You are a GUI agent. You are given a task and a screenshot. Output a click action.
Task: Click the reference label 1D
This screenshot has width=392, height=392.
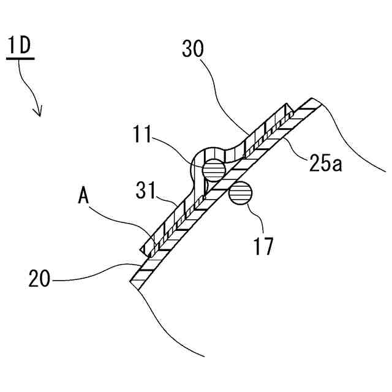21,47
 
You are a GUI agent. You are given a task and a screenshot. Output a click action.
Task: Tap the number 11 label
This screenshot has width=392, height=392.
144,134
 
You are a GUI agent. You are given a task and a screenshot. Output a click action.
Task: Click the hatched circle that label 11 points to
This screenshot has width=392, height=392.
214,168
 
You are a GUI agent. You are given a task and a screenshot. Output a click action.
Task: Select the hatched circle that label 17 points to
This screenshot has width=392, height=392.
241,193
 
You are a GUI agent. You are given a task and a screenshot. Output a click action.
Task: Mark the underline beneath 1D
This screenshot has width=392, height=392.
21,59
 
